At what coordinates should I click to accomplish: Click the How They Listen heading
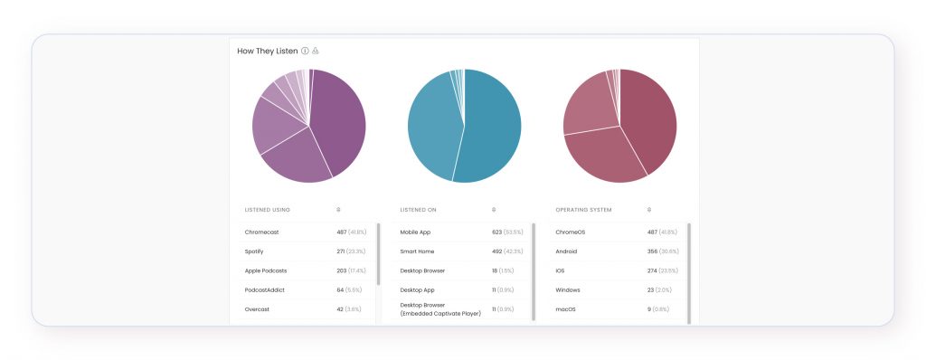tap(267, 52)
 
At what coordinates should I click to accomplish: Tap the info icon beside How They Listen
tap(305, 51)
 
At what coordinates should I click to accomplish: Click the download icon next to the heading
tap(316, 51)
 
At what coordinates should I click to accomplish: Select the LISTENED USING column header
tap(267, 210)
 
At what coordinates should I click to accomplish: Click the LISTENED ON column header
tap(419, 210)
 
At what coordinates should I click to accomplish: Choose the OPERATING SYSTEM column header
tap(583, 210)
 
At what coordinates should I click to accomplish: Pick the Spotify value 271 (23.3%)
tap(352, 251)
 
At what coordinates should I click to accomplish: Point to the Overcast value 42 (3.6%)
tap(349, 308)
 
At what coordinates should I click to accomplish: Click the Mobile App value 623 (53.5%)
tap(508, 232)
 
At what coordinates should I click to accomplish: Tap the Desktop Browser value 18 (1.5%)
tap(503, 270)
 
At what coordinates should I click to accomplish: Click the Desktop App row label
tap(417, 289)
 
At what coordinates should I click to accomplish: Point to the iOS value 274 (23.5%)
tap(663, 270)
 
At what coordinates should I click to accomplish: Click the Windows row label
tap(569, 289)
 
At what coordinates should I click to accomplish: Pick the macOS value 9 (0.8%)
tap(657, 308)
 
